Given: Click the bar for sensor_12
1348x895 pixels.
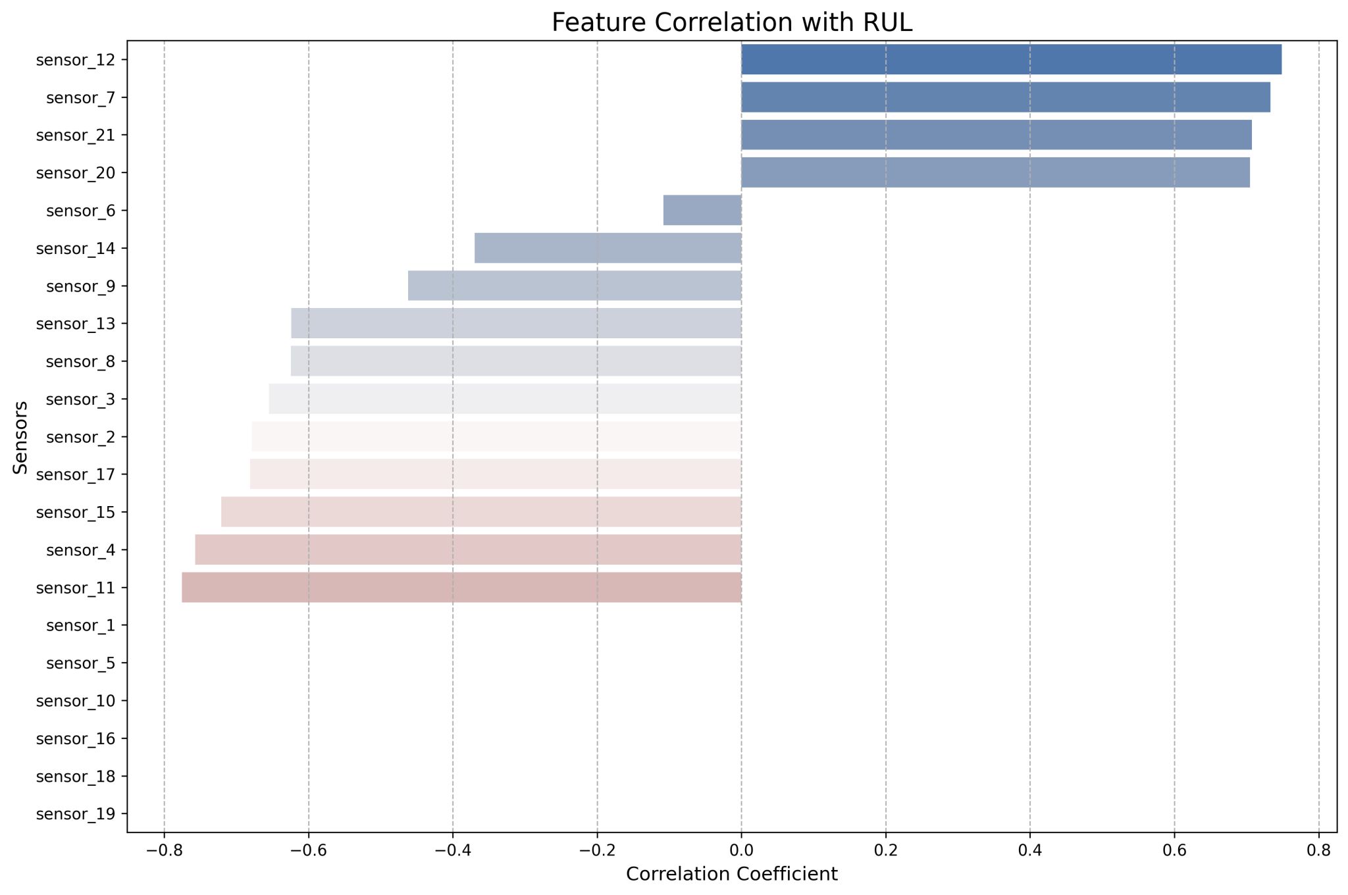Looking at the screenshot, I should [1011, 60].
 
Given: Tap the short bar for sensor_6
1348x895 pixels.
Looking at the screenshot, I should [702, 211].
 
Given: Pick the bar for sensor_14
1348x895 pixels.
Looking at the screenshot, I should [608, 248].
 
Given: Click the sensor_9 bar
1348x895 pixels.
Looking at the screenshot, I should [575, 286].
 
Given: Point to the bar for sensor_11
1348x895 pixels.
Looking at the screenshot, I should [461, 588].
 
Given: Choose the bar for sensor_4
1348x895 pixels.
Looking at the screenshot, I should [468, 550].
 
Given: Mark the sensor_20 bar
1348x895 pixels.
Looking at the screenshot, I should [995, 172].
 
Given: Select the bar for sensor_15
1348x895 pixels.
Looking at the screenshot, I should [481, 512].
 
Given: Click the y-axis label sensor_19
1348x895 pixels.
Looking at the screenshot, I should [76, 814].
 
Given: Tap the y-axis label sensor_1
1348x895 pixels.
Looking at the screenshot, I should [81, 625].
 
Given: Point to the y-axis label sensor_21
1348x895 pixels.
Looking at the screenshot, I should [76, 135].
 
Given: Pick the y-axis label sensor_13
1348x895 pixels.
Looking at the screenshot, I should [76, 324].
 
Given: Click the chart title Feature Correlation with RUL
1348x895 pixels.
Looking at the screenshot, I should [732, 23].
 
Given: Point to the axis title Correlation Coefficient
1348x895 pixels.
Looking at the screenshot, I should [732, 874].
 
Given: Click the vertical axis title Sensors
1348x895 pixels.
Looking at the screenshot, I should [21, 437].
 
